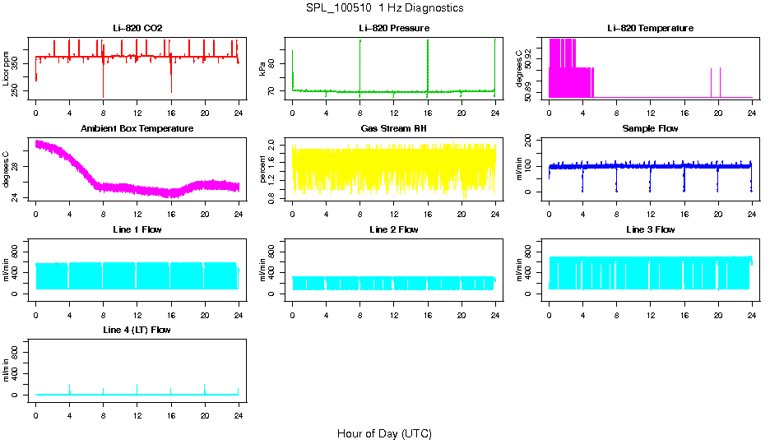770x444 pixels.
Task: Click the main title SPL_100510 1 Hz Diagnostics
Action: [384, 8]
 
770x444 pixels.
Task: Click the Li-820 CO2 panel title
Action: [137, 28]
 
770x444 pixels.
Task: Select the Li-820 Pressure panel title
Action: [394, 28]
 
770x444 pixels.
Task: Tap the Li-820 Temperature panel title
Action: [650, 28]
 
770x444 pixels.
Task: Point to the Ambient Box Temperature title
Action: [137, 128]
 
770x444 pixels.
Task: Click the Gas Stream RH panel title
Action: [394, 128]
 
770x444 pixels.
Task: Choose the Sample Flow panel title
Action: [650, 128]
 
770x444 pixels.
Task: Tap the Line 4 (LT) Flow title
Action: [137, 330]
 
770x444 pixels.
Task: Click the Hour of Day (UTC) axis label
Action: [384, 433]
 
